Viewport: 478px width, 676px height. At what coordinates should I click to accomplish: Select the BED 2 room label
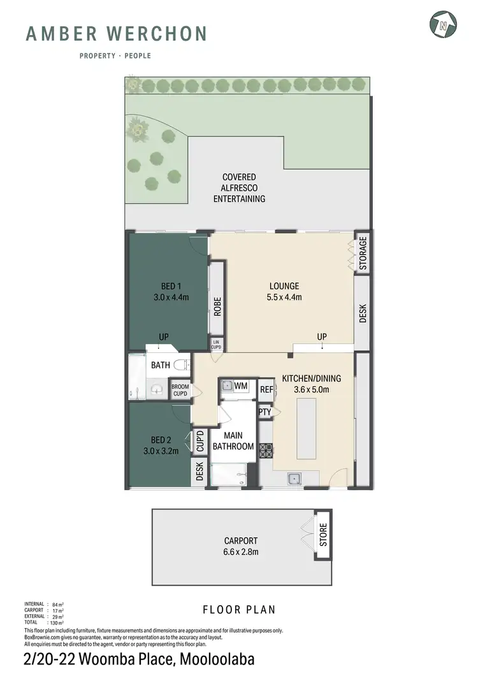click(x=160, y=445)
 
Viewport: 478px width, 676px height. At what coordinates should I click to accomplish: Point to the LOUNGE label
click(x=284, y=291)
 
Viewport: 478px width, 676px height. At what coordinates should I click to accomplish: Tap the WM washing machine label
click(x=240, y=386)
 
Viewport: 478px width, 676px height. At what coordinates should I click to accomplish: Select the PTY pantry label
click(x=265, y=412)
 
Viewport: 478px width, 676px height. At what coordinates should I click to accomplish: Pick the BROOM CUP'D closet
click(x=180, y=390)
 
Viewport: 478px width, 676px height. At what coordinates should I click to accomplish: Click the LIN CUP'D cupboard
click(x=217, y=345)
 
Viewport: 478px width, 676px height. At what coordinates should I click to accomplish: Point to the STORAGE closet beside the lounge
click(x=363, y=254)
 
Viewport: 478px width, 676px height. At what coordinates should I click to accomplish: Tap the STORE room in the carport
click(x=322, y=534)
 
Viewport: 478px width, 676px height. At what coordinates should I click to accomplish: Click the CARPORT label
click(x=241, y=546)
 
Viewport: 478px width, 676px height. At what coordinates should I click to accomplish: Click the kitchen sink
click(x=294, y=478)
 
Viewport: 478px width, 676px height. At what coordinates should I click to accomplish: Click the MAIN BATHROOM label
click(x=233, y=441)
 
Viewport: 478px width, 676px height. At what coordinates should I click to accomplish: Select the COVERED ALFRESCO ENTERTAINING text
click(x=239, y=188)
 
